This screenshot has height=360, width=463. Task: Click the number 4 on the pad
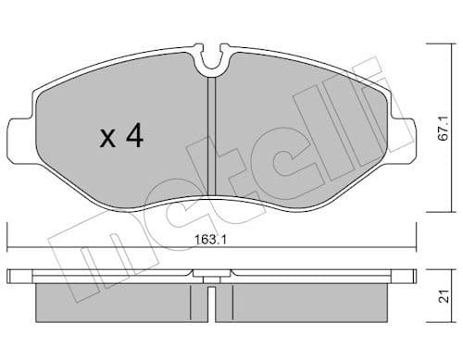(x=134, y=137)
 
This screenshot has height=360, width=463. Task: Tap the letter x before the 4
(x=107, y=140)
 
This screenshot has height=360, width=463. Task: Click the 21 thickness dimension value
(x=444, y=297)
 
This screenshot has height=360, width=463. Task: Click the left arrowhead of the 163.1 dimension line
(x=9, y=247)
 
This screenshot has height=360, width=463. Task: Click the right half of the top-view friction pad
(x=296, y=130)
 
